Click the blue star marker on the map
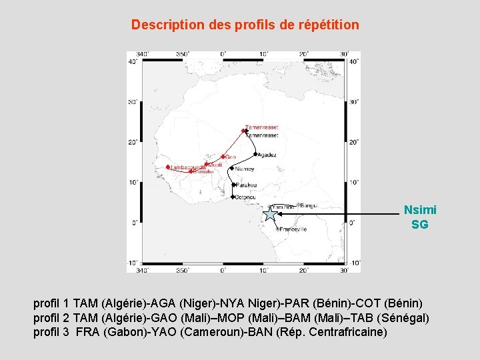click(x=269, y=214)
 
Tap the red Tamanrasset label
click(x=262, y=127)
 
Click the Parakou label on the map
click(x=246, y=185)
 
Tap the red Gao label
click(x=231, y=157)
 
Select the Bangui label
click(x=309, y=205)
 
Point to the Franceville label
click(x=293, y=229)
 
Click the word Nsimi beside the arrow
click(x=420, y=210)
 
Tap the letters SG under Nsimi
click(x=420, y=225)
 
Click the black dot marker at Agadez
click(x=255, y=155)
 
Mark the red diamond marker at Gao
click(x=223, y=157)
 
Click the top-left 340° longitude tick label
click(x=141, y=54)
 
